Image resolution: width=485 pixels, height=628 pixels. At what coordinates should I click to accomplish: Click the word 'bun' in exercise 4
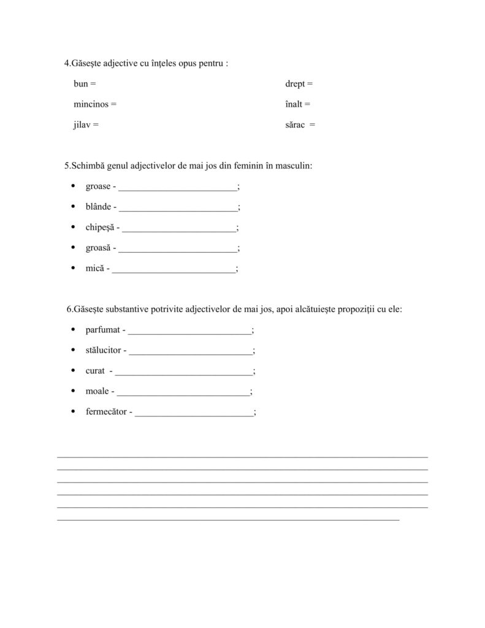click(80, 83)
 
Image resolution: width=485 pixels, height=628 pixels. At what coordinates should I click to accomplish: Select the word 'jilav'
click(83, 124)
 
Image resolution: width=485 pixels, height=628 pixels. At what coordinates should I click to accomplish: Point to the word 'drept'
click(295, 83)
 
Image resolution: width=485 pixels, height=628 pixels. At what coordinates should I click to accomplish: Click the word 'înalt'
click(294, 104)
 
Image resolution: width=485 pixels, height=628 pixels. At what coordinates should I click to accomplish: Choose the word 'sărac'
click(295, 124)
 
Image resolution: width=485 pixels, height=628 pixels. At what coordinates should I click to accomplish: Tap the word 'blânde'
click(98, 207)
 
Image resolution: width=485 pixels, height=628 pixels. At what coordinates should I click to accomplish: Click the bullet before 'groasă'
click(73, 248)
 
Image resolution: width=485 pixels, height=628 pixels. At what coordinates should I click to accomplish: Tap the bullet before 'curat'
click(73, 370)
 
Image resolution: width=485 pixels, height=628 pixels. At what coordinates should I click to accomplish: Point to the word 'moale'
click(97, 391)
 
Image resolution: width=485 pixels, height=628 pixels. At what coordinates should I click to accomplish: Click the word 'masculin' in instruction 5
click(296, 166)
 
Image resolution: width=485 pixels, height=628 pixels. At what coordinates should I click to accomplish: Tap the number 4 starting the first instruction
click(67, 63)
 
